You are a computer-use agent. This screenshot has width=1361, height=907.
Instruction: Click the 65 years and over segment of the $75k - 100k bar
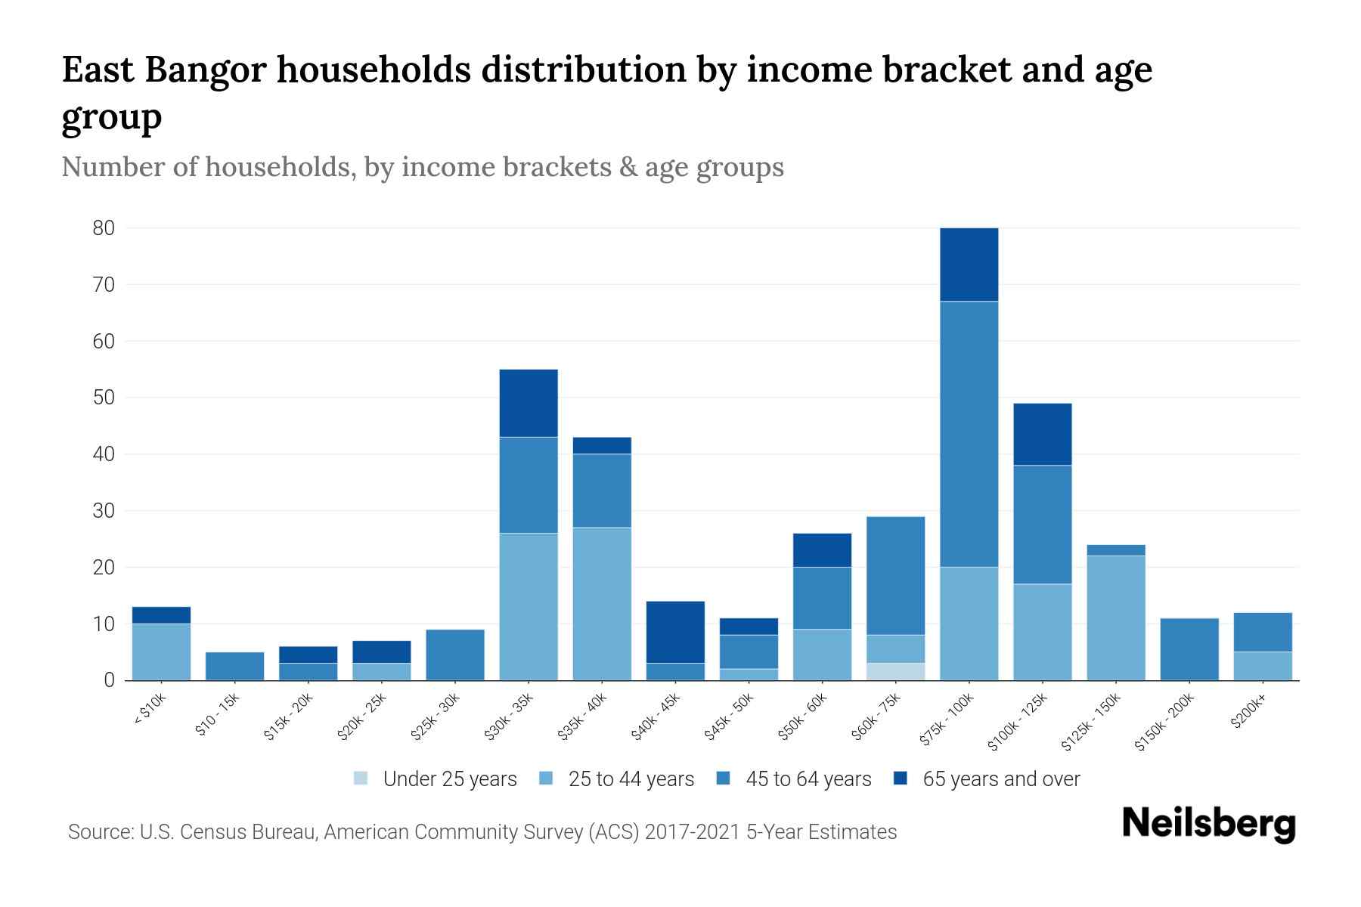969,265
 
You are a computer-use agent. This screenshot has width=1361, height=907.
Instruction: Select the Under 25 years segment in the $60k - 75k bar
895,671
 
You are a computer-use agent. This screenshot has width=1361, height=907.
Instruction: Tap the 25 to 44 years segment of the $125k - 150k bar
1115,618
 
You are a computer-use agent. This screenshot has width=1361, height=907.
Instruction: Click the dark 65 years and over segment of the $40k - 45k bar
675,632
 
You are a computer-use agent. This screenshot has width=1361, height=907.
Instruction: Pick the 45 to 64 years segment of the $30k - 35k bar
529,484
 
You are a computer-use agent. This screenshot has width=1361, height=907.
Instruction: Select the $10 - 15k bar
234,666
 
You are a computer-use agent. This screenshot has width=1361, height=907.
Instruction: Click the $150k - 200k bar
1189,649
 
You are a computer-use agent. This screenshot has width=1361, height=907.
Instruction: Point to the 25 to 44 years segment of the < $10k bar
161,652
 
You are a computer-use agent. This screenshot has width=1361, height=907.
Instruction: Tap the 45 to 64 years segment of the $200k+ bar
1262,632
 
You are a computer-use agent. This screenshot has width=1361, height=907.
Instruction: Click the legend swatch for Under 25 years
361,779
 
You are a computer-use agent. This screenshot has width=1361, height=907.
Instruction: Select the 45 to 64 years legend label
808,779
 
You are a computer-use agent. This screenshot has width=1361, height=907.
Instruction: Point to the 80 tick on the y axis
104,228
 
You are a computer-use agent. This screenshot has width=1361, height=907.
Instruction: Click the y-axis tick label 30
104,511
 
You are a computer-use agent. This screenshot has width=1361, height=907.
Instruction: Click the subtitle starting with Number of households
422,167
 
